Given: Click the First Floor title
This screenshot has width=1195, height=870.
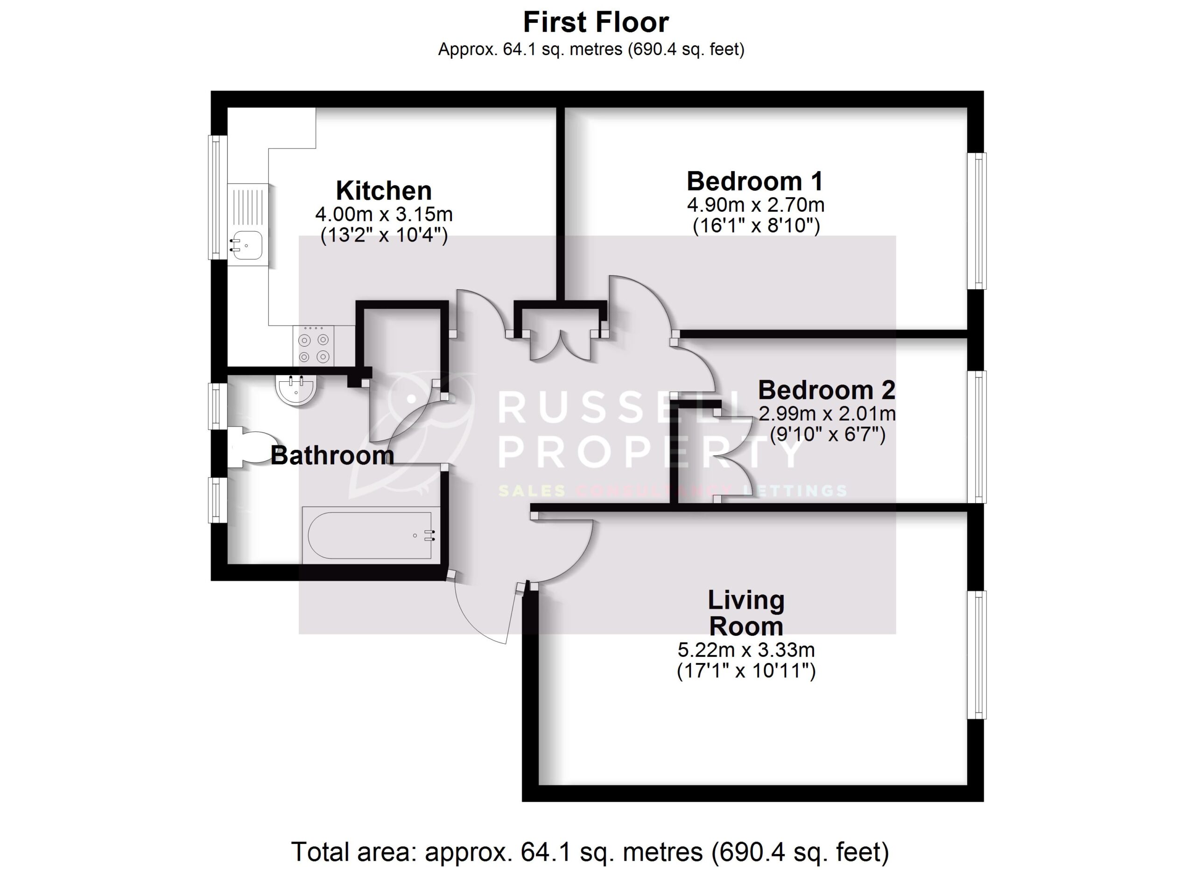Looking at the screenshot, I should click(596, 23).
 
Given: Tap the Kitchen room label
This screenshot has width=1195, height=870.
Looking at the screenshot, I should click(384, 191).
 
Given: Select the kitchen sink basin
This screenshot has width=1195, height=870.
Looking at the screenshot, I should click(246, 245).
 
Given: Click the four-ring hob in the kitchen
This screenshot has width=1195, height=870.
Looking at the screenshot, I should click(314, 346).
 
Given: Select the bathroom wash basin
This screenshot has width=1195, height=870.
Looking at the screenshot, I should click(295, 391).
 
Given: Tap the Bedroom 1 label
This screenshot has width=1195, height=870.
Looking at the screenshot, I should click(755, 182).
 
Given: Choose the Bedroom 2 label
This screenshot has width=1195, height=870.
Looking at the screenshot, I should click(826, 391).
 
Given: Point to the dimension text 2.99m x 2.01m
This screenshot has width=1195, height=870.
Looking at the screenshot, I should click(827, 414).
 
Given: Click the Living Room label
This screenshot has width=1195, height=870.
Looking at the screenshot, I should click(745, 613).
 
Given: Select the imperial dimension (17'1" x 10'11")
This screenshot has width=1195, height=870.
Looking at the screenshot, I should click(746, 671).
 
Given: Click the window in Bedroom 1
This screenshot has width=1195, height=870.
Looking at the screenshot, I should click(977, 221).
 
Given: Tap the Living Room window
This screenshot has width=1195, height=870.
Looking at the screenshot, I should click(977, 655).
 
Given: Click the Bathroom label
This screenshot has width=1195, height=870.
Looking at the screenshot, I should click(332, 456).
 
